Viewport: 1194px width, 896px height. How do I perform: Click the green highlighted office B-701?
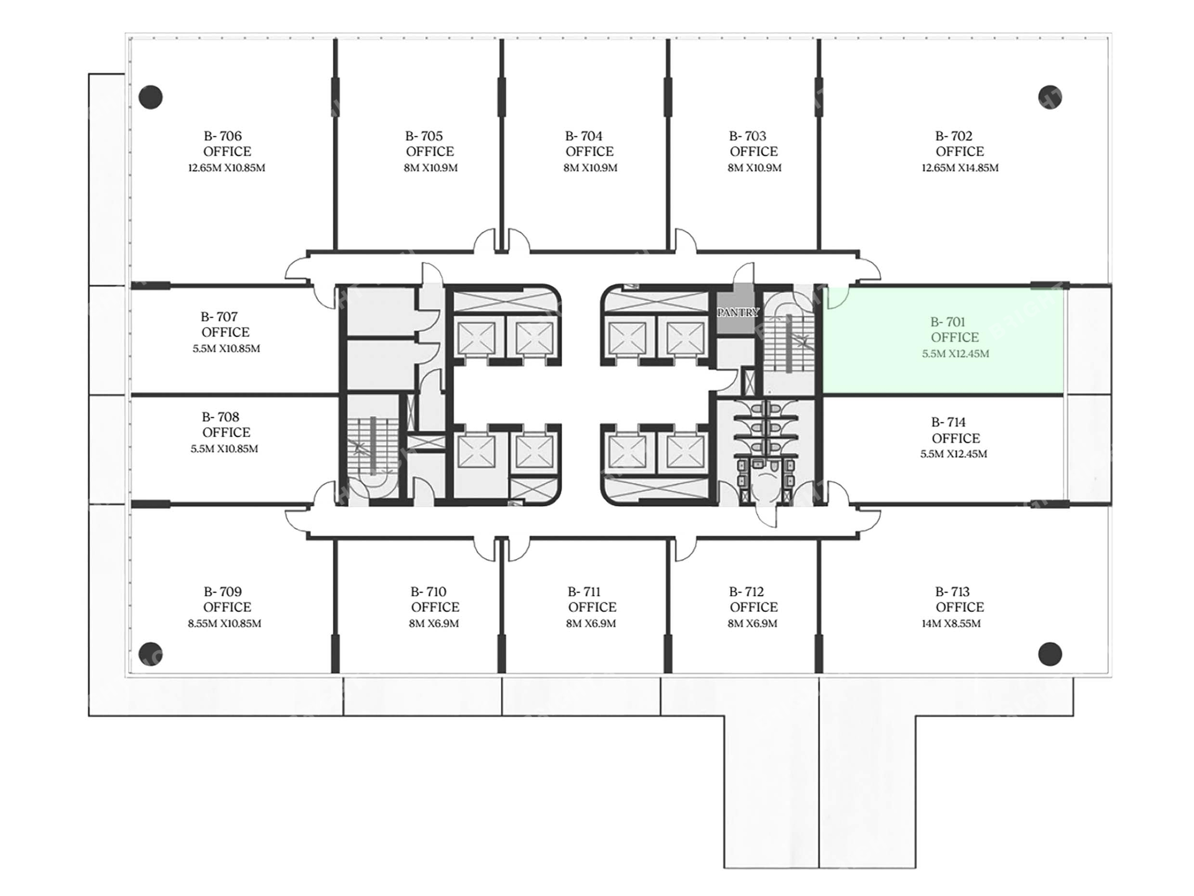[943, 340]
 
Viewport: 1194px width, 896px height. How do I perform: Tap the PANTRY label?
[738, 313]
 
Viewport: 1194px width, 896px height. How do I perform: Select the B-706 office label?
[227, 144]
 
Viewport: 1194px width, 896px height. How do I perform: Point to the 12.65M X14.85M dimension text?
[960, 168]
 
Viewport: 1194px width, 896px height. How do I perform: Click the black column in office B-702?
[1050, 97]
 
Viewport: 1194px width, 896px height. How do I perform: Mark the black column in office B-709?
[150, 654]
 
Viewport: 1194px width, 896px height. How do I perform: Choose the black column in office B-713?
[1050, 654]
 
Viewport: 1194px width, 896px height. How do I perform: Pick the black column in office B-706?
[150, 97]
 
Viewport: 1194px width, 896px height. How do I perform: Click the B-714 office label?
[955, 430]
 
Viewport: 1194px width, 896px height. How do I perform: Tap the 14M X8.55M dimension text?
[951, 624]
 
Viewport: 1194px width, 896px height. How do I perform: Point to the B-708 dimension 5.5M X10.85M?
[224, 449]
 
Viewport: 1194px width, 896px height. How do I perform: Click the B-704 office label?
[589, 144]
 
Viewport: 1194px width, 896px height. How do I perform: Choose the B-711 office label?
[591, 599]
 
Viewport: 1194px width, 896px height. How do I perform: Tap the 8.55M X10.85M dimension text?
[224, 624]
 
